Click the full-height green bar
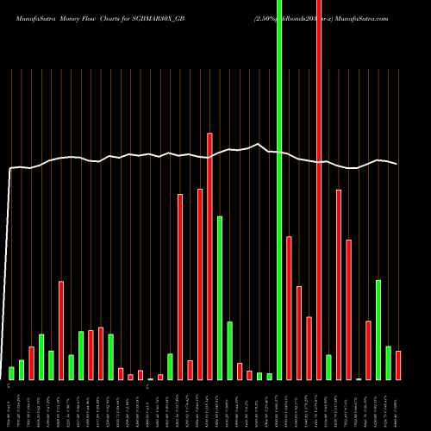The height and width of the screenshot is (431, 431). tap(279, 190)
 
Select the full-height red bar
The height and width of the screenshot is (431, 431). tap(319, 190)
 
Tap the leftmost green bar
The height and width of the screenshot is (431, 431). tap(11, 373)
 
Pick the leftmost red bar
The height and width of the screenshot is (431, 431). tap(31, 363)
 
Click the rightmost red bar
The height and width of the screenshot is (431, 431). tap(398, 365)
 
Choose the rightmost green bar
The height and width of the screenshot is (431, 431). tap(388, 363)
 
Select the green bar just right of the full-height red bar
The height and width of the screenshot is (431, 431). tap(328, 367)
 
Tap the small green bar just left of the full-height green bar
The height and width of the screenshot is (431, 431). tap(269, 377)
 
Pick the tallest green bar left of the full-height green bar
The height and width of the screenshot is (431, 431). tap(220, 297)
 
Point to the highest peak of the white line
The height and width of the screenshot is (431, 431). tap(258, 144)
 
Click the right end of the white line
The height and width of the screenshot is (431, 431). tap(397, 164)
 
